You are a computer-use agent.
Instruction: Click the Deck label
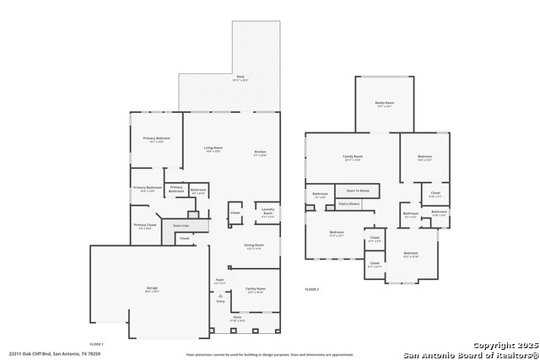click(x=240, y=77)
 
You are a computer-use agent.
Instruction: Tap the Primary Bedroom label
click(x=156, y=138)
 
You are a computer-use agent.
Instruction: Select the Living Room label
click(x=213, y=148)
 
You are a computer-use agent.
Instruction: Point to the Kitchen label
click(x=260, y=153)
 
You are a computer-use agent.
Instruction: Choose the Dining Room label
click(x=253, y=246)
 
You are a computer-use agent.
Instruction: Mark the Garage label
click(x=152, y=289)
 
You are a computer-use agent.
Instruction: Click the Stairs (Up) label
click(x=181, y=225)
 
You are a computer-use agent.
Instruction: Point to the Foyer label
click(x=219, y=281)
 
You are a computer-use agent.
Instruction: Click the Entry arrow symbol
click(x=220, y=296)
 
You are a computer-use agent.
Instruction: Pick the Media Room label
click(x=385, y=104)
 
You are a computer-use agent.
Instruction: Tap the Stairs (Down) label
click(x=348, y=203)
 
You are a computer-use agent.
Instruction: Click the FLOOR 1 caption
click(x=96, y=344)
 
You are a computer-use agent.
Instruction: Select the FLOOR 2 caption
click(x=312, y=289)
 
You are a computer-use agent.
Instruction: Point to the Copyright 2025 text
click(x=505, y=346)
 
